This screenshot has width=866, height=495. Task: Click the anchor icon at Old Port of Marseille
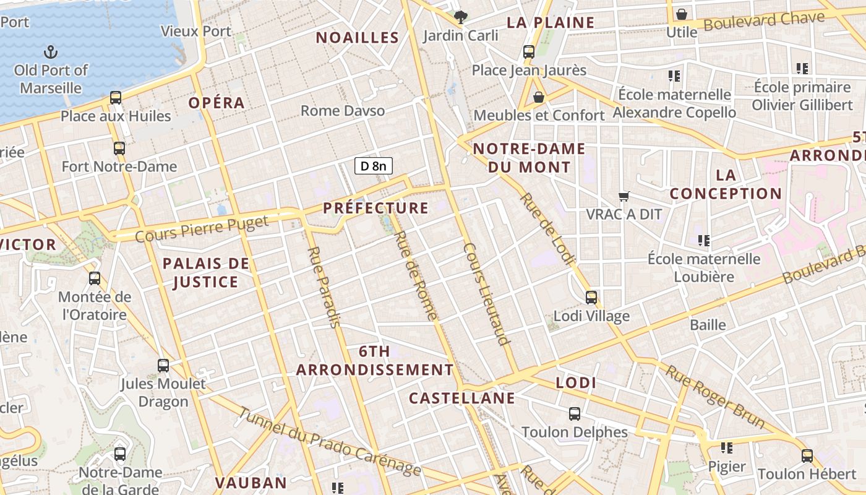tap(51, 52)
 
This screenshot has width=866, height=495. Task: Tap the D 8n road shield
tap(374, 166)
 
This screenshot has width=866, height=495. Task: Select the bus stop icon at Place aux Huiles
tap(116, 98)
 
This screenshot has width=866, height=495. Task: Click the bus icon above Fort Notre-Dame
tap(119, 148)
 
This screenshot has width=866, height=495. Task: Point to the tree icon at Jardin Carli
tap(460, 17)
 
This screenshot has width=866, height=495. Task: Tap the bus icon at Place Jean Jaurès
tap(529, 52)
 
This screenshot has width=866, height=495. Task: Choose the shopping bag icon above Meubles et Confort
tap(539, 97)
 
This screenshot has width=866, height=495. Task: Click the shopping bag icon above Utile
tap(682, 14)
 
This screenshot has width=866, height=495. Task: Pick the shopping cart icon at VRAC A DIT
tap(624, 196)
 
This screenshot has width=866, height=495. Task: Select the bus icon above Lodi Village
tap(591, 298)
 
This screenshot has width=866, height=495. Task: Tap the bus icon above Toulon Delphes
tap(575, 413)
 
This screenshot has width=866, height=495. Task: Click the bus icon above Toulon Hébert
tap(807, 456)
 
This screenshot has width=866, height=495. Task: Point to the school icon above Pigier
tap(727, 447)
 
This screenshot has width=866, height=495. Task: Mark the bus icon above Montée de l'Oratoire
tap(95, 278)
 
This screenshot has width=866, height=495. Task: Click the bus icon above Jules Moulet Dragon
tap(163, 366)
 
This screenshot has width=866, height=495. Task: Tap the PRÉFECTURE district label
tap(375, 208)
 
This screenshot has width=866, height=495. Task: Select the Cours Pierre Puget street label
tap(202, 228)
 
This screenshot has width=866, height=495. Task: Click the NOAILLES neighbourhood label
tap(358, 38)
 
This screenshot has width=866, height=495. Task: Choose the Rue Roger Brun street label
tap(714, 396)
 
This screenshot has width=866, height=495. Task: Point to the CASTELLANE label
tap(462, 398)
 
